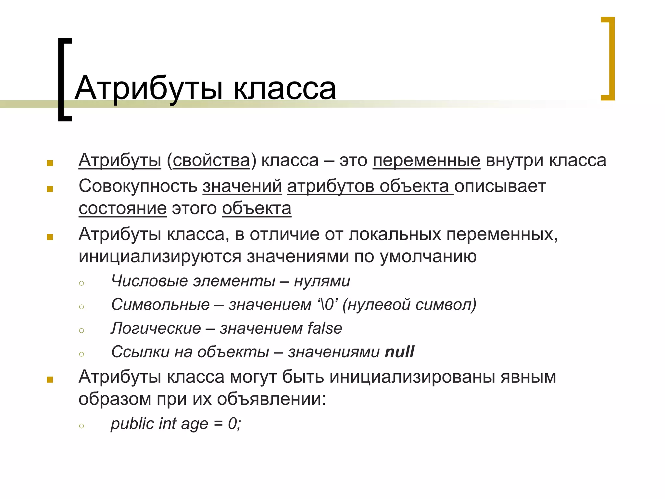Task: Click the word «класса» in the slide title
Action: click(x=284, y=88)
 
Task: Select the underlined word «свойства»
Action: click(x=211, y=160)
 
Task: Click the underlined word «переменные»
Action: click(x=426, y=160)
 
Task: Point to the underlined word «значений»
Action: click(x=242, y=186)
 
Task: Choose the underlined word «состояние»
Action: click(x=123, y=208)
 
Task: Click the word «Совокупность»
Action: click(x=138, y=186)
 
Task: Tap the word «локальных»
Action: click(x=395, y=234)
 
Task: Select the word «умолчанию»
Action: click(x=428, y=256)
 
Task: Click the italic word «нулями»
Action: click(x=322, y=281)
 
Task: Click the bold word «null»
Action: click(x=399, y=352)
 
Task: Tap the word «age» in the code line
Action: click(x=194, y=424)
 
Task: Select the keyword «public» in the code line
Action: click(x=132, y=424)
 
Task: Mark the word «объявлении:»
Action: click(x=271, y=399)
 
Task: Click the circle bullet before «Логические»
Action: click(x=82, y=331)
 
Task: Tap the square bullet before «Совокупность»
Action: click(x=50, y=189)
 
